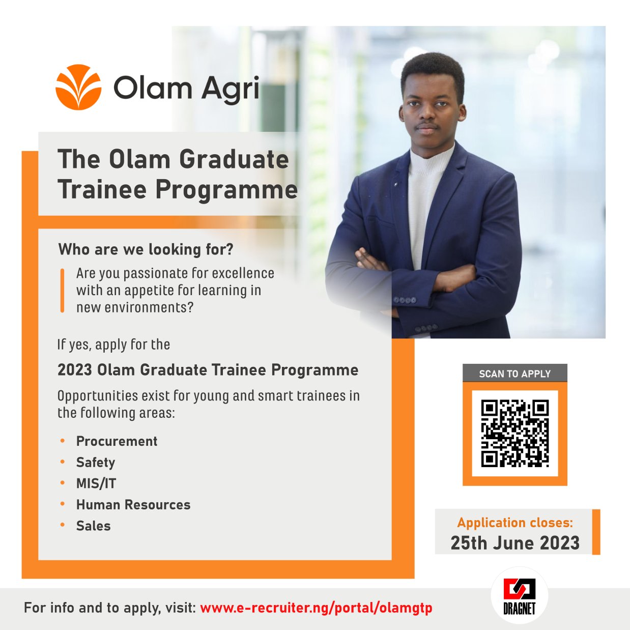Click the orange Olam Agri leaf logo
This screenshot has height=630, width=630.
pyautogui.click(x=78, y=87)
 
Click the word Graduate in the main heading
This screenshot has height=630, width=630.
pyautogui.click(x=234, y=160)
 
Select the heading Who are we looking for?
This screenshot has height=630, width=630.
pyautogui.click(x=146, y=249)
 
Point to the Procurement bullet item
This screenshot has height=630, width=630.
pyautogui.click(x=117, y=441)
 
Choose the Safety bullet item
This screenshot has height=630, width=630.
pyautogui.click(x=96, y=462)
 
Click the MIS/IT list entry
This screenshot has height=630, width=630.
pyautogui.click(x=96, y=483)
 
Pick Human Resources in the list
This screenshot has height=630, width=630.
pyautogui.click(x=133, y=504)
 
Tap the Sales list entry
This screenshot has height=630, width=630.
pyautogui.click(x=94, y=526)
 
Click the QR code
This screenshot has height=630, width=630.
pyautogui.click(x=515, y=434)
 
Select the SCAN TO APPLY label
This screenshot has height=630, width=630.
pyautogui.click(x=515, y=374)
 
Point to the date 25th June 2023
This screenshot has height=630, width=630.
pyautogui.click(x=515, y=543)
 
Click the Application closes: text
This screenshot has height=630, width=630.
pyautogui.click(x=515, y=523)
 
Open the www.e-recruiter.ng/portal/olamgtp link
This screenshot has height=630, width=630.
pyautogui.click(x=316, y=608)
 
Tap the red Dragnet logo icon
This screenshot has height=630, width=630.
pyautogui.click(x=520, y=589)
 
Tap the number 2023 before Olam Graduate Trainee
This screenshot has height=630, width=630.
pyautogui.click(x=75, y=370)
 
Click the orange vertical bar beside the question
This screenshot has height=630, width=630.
pyautogui.click(x=62, y=290)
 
